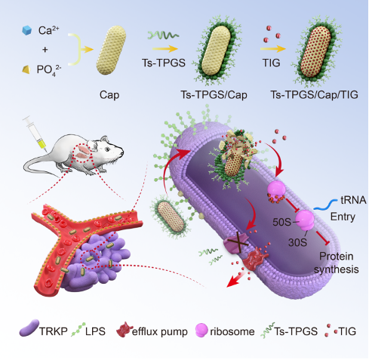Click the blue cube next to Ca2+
tap(26, 30)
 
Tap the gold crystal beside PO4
tap(26, 69)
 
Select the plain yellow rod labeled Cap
tap(111, 50)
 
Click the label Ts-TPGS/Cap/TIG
tap(314, 95)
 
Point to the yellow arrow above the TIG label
tap(273, 48)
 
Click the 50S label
tap(281, 222)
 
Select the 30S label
tap(297, 242)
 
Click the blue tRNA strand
tap(325, 205)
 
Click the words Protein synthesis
tap(337, 263)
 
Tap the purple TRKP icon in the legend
tap(29, 328)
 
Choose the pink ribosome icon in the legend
tap(201, 330)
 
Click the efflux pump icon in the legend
tap(125, 330)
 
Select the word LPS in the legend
tap(95, 331)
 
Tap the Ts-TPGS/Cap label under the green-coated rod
tap(214, 95)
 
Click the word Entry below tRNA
tap(343, 217)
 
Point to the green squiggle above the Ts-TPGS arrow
tap(164, 35)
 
